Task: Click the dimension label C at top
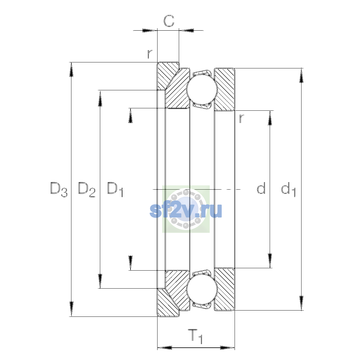pyautogui.click(x=169, y=21)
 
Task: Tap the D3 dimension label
pyautogui.click(x=59, y=189)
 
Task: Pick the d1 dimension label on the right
pyautogui.click(x=288, y=189)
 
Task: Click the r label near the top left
pyautogui.click(x=150, y=54)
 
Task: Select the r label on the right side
pyautogui.click(x=241, y=118)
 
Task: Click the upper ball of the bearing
pyautogui.click(x=202, y=89)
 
